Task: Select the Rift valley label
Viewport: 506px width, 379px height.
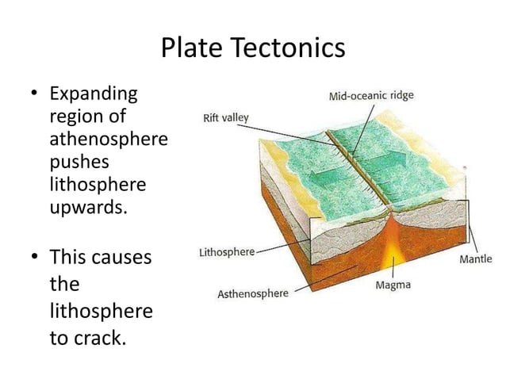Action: click(x=226, y=118)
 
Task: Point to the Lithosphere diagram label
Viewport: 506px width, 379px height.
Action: click(x=226, y=252)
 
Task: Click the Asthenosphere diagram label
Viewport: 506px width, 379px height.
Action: click(x=253, y=293)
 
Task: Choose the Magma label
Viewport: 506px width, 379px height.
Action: click(x=393, y=285)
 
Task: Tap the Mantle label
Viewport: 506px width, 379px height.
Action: click(x=476, y=258)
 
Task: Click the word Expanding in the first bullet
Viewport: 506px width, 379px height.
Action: click(x=93, y=95)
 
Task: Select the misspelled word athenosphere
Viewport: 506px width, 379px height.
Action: click(x=109, y=141)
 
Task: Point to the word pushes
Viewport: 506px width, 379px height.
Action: click(x=79, y=164)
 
